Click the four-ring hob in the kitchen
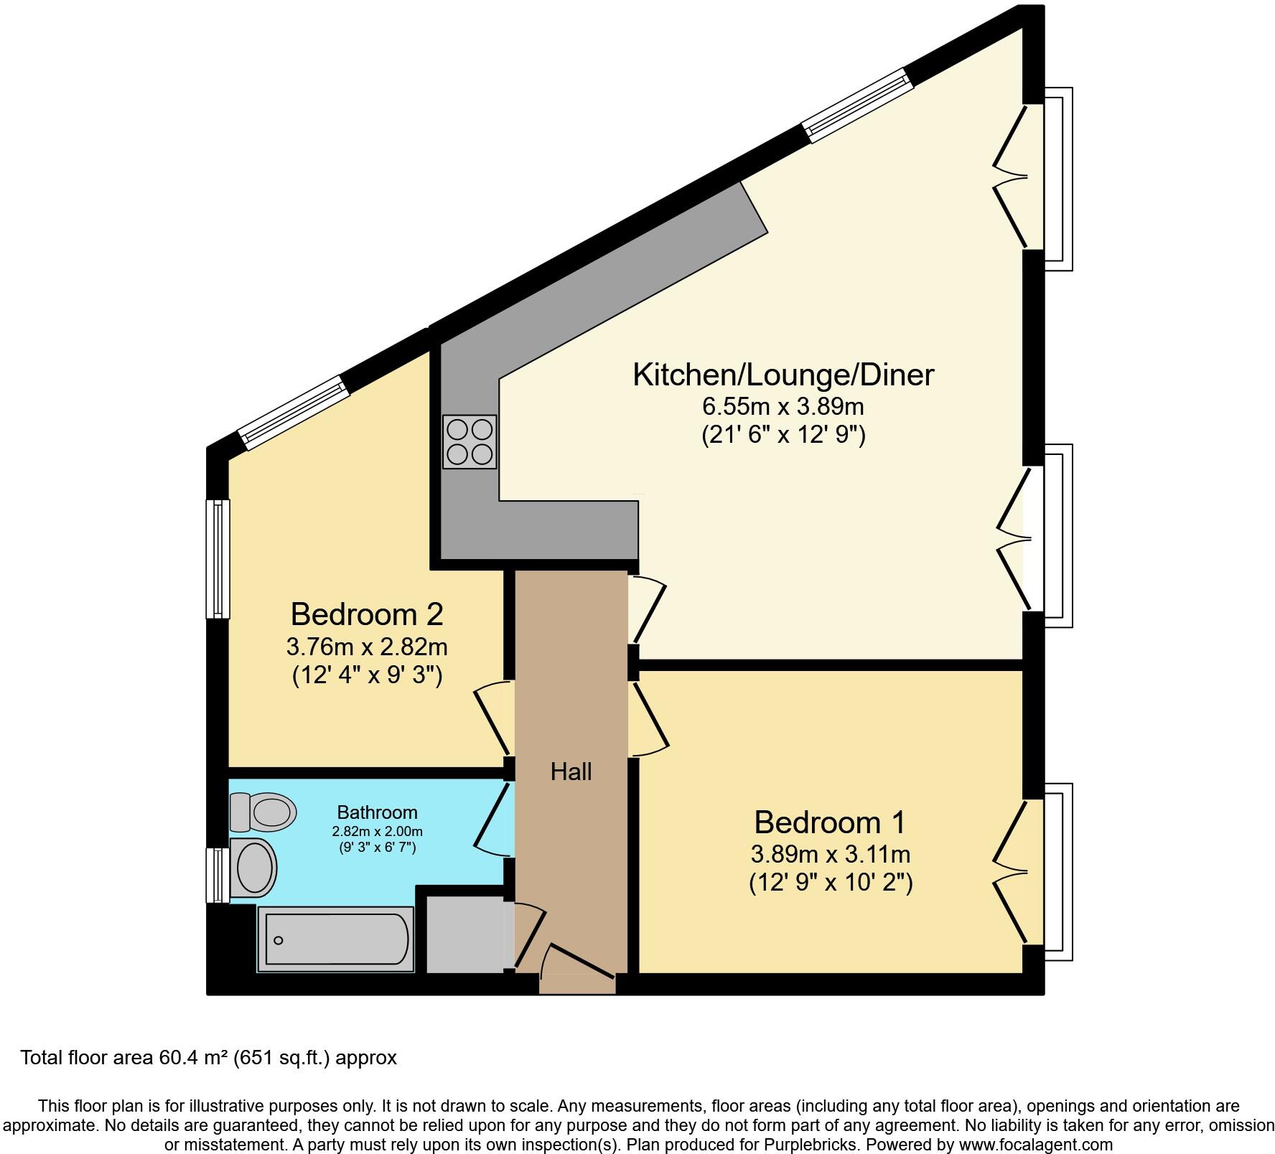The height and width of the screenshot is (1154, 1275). click(x=470, y=441)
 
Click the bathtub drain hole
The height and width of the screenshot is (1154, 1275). click(x=279, y=940)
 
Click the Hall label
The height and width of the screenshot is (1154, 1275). click(x=571, y=771)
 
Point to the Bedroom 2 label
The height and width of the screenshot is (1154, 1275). click(x=366, y=614)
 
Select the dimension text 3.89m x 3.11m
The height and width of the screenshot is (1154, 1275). click(x=830, y=854)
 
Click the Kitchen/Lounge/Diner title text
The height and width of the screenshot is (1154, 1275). click(x=783, y=375)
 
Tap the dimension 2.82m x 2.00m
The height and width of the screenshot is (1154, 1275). click(x=377, y=832)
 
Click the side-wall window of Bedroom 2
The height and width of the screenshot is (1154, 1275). click(x=218, y=558)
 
